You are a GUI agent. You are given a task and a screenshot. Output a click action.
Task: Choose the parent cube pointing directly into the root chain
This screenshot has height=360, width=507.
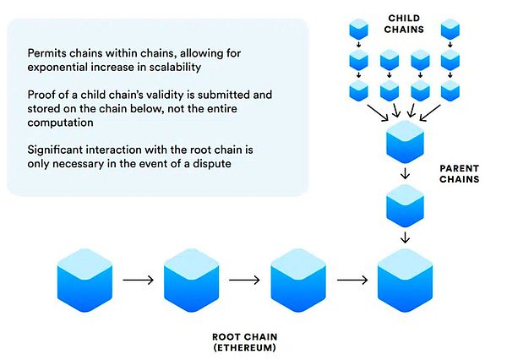click(x=404, y=205)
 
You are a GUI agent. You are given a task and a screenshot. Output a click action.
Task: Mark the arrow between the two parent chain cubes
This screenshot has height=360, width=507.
click(x=404, y=175)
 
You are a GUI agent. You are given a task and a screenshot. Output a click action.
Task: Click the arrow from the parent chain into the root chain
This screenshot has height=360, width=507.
click(x=404, y=237)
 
